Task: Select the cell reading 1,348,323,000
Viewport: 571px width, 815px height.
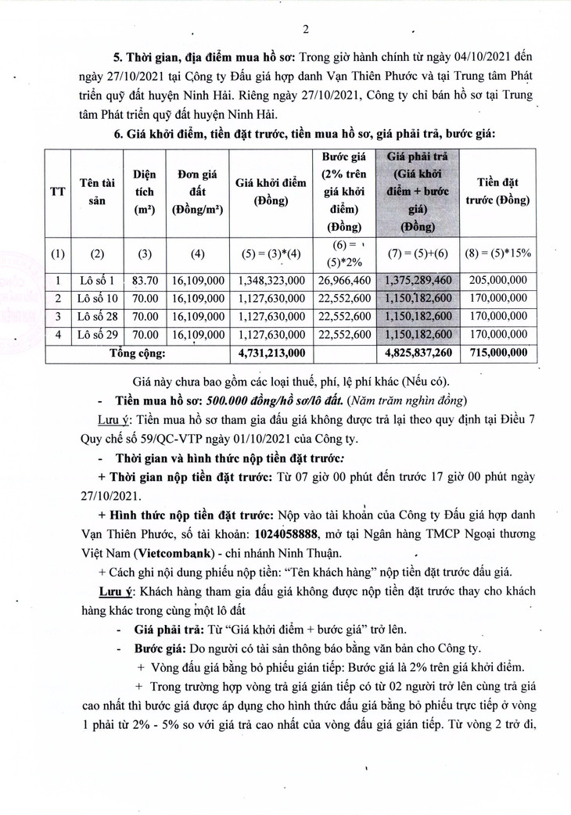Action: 265,280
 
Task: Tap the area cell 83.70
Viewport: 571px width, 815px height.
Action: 143,280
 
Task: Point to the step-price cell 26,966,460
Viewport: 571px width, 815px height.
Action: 341,280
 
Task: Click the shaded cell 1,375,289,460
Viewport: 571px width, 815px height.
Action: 419,280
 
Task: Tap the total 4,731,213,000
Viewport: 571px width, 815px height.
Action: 265,353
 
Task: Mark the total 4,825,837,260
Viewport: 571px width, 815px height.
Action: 419,353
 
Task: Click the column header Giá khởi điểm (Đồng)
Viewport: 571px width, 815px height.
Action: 265,192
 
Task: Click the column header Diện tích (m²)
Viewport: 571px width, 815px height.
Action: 143,192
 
